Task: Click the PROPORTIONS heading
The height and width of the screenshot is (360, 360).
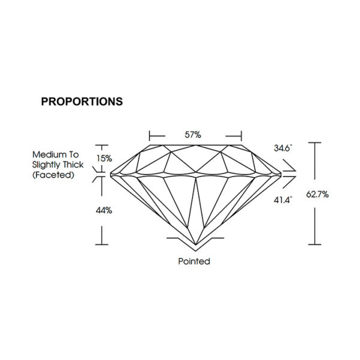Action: point(82,101)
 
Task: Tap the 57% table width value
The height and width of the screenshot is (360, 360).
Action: point(193,135)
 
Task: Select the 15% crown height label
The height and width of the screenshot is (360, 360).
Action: point(104,158)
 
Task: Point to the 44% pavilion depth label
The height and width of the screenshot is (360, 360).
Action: point(104,211)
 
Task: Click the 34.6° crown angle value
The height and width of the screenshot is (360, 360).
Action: point(283,148)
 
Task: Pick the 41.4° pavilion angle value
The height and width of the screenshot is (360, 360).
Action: point(283,200)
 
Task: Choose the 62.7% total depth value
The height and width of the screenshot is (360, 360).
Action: point(317,194)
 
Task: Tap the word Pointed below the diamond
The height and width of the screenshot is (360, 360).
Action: point(194,261)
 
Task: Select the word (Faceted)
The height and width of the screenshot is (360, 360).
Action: point(53,175)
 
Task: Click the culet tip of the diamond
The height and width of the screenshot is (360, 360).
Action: point(196,245)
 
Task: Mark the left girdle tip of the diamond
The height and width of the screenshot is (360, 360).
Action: point(111,175)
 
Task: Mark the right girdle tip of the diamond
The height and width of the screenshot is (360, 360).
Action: point(281,175)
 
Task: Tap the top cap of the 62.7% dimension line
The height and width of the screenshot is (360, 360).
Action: point(314,143)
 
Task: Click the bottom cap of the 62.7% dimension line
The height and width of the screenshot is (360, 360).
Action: point(314,245)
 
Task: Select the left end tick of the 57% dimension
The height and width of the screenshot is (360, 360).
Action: point(149,136)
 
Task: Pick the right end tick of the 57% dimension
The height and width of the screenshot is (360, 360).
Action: point(241,136)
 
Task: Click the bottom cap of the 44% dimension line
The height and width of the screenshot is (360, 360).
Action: point(102,245)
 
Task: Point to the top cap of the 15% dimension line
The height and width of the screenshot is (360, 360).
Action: point(102,145)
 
